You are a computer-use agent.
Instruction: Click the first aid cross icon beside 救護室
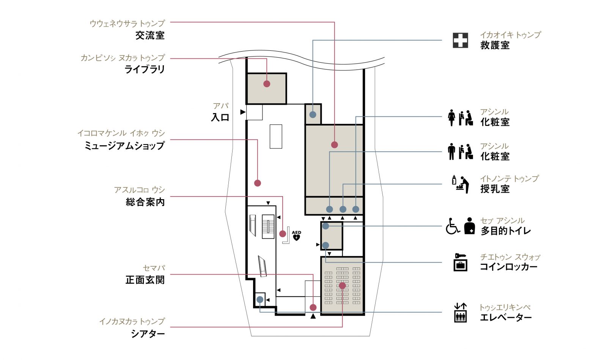pos(460,40)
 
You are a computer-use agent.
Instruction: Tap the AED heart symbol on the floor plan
pos(296,237)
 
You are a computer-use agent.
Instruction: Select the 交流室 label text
pos(150,36)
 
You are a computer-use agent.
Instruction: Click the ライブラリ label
pos(145,70)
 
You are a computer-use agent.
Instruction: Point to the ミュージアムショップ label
pos(124,146)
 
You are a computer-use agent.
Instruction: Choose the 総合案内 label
pos(145,202)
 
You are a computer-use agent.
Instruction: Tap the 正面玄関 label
pos(145,280)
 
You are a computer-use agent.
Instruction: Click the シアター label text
pos(148,334)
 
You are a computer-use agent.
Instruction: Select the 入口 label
pos(220,118)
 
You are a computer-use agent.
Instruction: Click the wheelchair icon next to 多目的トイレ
pos(453,226)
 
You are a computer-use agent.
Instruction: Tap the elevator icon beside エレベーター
pos(461,313)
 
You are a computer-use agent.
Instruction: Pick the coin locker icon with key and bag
pos(461,262)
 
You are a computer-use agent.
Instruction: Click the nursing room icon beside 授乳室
pos(461,184)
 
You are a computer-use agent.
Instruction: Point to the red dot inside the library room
pos(267,84)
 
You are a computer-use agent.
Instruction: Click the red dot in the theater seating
pos(342,286)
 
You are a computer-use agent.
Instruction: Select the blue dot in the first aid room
pos(313,115)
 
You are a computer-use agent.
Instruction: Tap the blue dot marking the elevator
pos(260,300)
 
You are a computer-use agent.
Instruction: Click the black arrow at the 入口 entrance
pos(243,112)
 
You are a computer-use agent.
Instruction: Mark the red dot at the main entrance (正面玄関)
pos(313,307)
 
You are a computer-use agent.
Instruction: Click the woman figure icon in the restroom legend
pos(451,118)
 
